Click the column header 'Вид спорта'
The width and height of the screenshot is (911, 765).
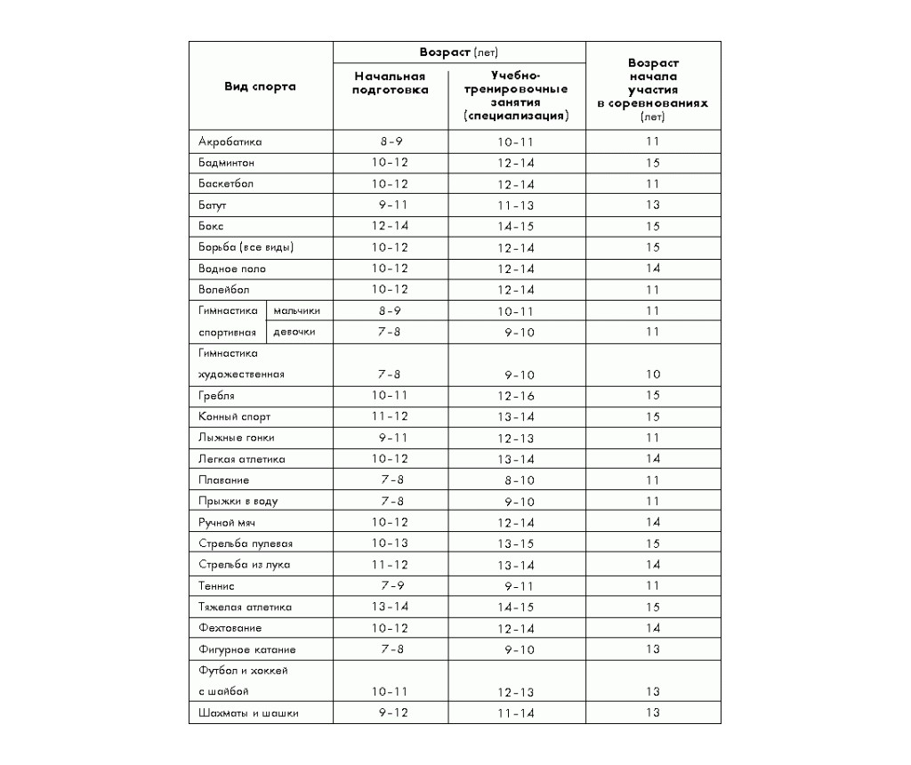click(x=260, y=86)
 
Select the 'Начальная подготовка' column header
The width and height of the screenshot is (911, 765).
click(x=390, y=83)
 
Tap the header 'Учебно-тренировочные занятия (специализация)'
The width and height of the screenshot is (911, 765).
click(x=516, y=96)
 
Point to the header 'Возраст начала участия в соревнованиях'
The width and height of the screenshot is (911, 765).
click(x=652, y=90)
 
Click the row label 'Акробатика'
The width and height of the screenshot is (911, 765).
click(x=230, y=141)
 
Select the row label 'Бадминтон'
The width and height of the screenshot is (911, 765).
click(x=227, y=163)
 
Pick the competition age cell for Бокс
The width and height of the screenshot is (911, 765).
click(x=652, y=226)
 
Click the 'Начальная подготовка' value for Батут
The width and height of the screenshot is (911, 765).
click(x=390, y=205)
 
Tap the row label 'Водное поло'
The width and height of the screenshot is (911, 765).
click(x=232, y=269)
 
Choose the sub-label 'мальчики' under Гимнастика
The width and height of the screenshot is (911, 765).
click(x=296, y=310)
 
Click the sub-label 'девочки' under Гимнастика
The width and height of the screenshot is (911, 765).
click(x=294, y=332)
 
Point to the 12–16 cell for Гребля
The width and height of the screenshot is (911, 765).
click(x=516, y=396)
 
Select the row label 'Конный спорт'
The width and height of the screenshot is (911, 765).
click(x=235, y=416)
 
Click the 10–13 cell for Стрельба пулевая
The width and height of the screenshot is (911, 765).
click(x=390, y=544)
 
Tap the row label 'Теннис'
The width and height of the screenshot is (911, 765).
click(x=217, y=586)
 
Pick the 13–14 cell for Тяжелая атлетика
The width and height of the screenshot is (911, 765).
click(x=390, y=608)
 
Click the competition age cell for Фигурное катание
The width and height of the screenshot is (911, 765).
click(x=652, y=649)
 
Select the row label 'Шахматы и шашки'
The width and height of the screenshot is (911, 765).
click(x=248, y=713)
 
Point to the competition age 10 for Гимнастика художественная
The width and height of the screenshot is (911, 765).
click(x=652, y=374)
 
